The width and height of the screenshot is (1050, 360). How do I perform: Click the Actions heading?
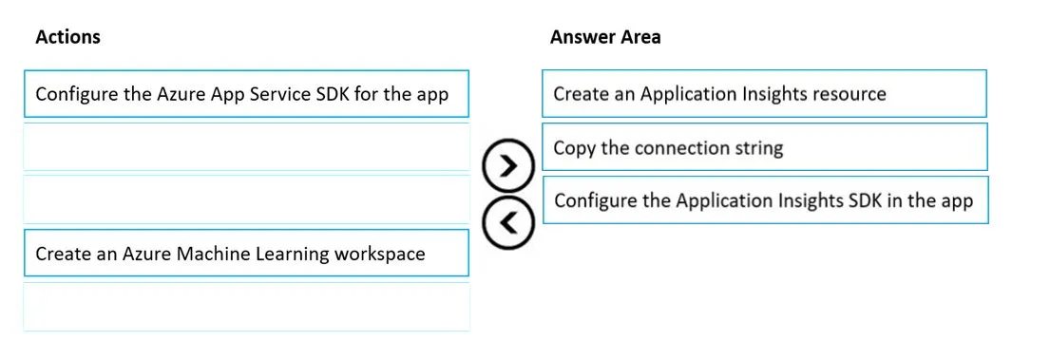[67, 37]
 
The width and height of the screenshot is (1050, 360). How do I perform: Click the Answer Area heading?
[605, 37]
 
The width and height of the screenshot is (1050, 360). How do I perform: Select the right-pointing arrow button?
[508, 165]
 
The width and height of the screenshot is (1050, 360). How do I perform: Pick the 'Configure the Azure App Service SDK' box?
[246, 94]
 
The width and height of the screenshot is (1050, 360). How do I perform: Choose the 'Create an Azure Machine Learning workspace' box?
[246, 253]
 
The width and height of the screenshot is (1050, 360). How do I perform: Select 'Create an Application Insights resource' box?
[764, 94]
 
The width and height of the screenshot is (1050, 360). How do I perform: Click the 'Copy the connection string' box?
[764, 146]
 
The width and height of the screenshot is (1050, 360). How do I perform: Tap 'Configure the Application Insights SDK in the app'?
[765, 199]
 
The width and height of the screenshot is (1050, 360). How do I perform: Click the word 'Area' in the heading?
[640, 37]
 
